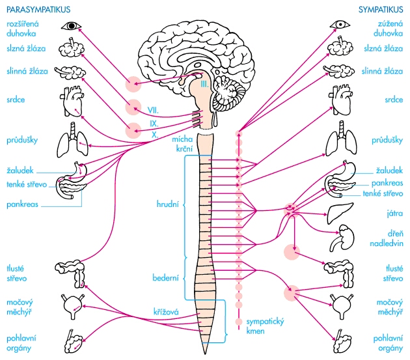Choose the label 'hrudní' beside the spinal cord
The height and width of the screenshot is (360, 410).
tap(169, 204)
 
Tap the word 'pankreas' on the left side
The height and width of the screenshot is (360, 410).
tap(21, 204)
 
